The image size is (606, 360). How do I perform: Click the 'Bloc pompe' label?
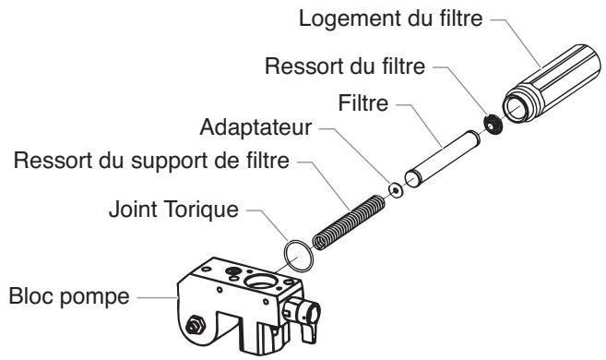coord(70,296)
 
